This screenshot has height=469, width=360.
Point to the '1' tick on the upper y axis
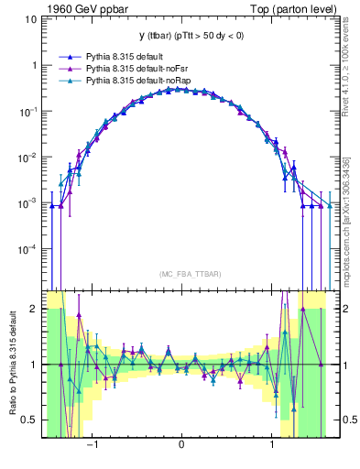(x=34, y=65)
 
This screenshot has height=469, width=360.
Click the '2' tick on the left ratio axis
(x=34, y=309)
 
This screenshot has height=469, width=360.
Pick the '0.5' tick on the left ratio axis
(x=29, y=420)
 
